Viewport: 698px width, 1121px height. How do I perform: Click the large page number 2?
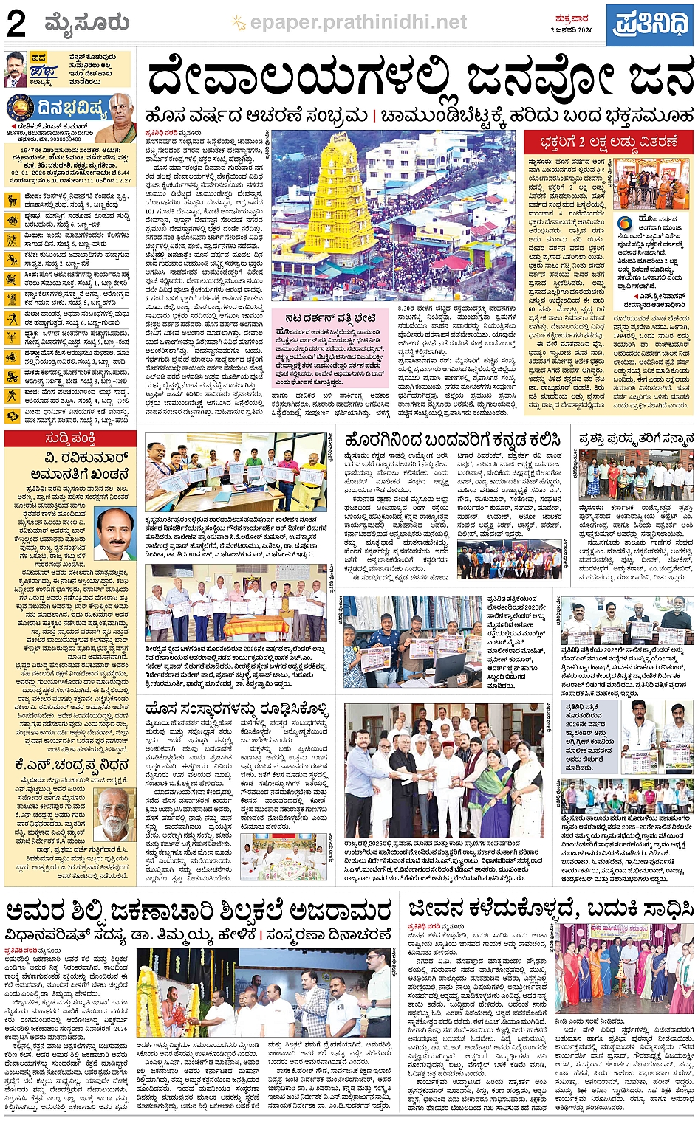[x=16, y=24]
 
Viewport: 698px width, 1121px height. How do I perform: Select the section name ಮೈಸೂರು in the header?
[x=86, y=24]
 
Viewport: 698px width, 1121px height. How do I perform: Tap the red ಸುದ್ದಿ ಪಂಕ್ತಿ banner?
[x=70, y=439]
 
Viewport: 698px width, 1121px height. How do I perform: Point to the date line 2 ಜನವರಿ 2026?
[x=571, y=30]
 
